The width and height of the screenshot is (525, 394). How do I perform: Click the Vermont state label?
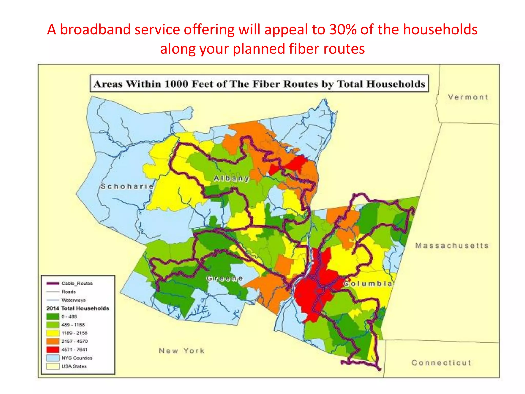(x=468, y=97)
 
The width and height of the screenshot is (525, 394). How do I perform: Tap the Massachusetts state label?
(x=452, y=246)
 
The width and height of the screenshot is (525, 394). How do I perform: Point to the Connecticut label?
(x=441, y=363)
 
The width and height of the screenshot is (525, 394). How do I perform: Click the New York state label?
(x=181, y=351)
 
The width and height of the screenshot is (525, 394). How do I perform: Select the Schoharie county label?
(x=127, y=186)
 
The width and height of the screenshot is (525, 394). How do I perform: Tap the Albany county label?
(x=231, y=178)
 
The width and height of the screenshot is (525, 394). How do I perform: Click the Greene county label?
(x=225, y=278)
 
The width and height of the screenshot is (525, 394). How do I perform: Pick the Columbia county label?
(x=368, y=283)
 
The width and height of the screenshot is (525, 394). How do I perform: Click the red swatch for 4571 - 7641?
(x=53, y=350)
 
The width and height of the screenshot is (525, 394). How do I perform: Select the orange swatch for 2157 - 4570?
(x=53, y=341)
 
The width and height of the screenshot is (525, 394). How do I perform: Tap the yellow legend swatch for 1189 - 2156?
(x=53, y=333)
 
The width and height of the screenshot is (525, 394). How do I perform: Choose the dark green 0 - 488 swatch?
(x=53, y=317)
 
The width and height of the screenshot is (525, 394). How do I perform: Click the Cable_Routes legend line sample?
(x=53, y=283)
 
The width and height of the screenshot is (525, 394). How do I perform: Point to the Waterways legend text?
(x=74, y=300)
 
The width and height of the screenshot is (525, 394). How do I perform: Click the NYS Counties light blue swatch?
(x=53, y=358)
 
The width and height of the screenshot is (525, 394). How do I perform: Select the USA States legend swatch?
(x=53, y=366)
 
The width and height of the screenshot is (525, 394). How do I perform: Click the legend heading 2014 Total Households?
(x=78, y=308)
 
